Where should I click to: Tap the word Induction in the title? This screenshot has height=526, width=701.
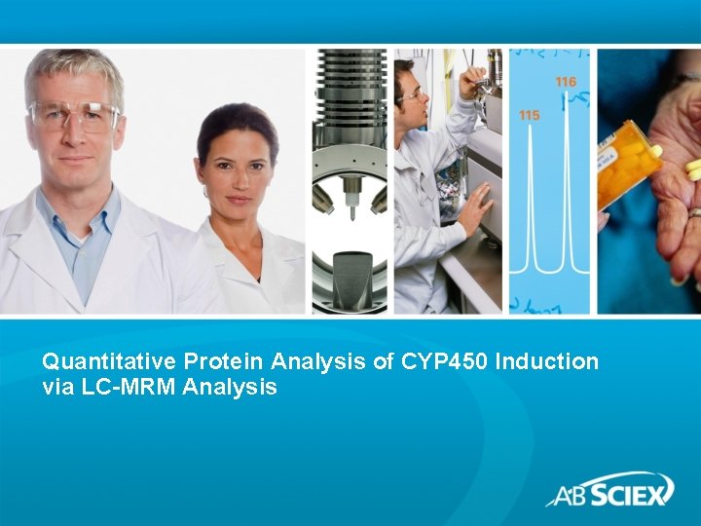click(x=547, y=361)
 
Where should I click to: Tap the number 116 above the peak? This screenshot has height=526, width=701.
click(x=565, y=82)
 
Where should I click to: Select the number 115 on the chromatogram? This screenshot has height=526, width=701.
click(x=529, y=116)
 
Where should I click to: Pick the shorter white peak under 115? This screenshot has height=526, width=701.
click(x=529, y=205)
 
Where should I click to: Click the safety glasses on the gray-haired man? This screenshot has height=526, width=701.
click(x=74, y=116)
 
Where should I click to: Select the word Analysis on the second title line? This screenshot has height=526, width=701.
click(x=237, y=388)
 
